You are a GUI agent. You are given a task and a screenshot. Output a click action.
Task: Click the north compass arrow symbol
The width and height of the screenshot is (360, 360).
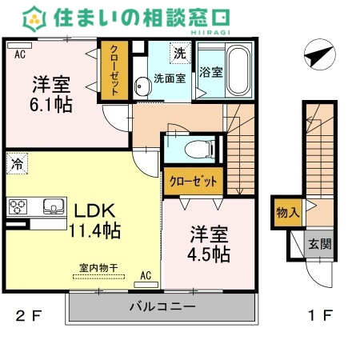click(319, 54)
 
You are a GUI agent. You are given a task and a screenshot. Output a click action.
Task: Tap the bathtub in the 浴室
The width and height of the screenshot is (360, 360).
click(238, 70)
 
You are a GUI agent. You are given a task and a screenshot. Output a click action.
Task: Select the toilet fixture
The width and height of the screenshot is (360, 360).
click(199, 149)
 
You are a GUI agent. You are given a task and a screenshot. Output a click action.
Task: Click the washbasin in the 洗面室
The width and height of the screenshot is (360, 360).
click(142, 86)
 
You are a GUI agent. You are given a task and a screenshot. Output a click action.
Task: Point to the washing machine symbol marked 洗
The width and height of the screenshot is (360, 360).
click(181, 53)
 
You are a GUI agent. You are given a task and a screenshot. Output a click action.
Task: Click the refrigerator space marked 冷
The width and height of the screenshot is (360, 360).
click(17, 163)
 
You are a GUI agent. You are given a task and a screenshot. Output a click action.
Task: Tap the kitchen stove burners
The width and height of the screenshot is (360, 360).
click(18, 207)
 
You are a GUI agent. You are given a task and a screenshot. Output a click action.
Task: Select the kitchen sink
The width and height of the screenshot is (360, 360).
click(54, 206)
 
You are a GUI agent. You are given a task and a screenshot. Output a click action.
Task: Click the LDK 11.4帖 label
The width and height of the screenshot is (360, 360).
click(94, 221)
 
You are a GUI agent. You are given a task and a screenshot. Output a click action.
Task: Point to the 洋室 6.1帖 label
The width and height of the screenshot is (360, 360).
click(51, 94)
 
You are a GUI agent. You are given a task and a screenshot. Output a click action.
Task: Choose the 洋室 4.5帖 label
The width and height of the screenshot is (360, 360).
click(209, 245)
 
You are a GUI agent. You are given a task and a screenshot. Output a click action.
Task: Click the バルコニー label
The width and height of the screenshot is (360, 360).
click(162, 306)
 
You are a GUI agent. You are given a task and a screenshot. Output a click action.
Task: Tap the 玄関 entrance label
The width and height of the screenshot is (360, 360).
click(320, 244)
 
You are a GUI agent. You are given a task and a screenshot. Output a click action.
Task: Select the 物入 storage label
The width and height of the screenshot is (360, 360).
click(288, 213)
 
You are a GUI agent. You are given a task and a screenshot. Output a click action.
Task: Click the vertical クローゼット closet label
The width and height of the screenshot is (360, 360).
click(114, 70)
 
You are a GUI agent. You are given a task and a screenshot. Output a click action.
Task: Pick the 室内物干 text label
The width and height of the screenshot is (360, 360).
click(98, 268)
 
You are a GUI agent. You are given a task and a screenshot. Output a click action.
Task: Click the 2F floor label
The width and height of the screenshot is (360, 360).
click(29, 316)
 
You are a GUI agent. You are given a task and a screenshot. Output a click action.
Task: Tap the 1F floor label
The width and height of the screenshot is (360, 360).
click(320, 315)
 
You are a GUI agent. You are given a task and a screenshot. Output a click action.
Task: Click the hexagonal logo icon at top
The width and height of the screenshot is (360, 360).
click(34, 19)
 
